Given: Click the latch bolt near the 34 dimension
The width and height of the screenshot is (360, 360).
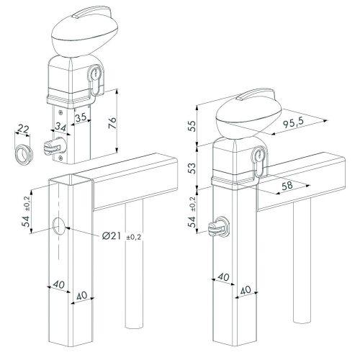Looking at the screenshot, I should (50, 145).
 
